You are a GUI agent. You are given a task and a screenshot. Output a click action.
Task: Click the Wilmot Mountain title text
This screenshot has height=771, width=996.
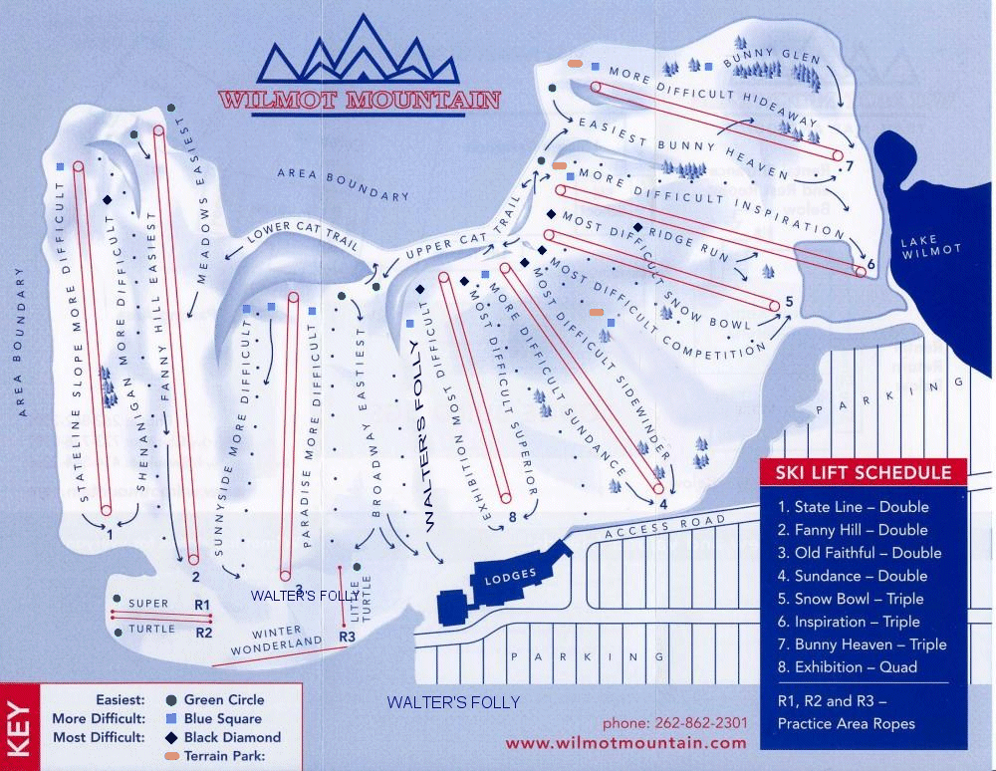[360, 101]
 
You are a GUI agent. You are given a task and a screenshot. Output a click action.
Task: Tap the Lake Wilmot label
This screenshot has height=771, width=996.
[930, 245]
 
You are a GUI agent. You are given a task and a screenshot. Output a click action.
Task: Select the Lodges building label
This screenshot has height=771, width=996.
[510, 577]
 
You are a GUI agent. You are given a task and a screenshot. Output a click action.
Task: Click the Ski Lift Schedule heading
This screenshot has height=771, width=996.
[864, 472]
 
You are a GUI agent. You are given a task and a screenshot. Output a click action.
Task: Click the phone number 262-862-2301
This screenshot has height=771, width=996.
[674, 723]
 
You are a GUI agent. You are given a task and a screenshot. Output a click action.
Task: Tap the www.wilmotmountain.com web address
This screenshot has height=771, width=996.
[625, 743]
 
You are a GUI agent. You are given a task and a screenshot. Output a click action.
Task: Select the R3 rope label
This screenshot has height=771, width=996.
[348, 636]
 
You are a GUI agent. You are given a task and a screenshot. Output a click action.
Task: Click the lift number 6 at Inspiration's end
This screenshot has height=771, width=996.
[870, 265]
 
